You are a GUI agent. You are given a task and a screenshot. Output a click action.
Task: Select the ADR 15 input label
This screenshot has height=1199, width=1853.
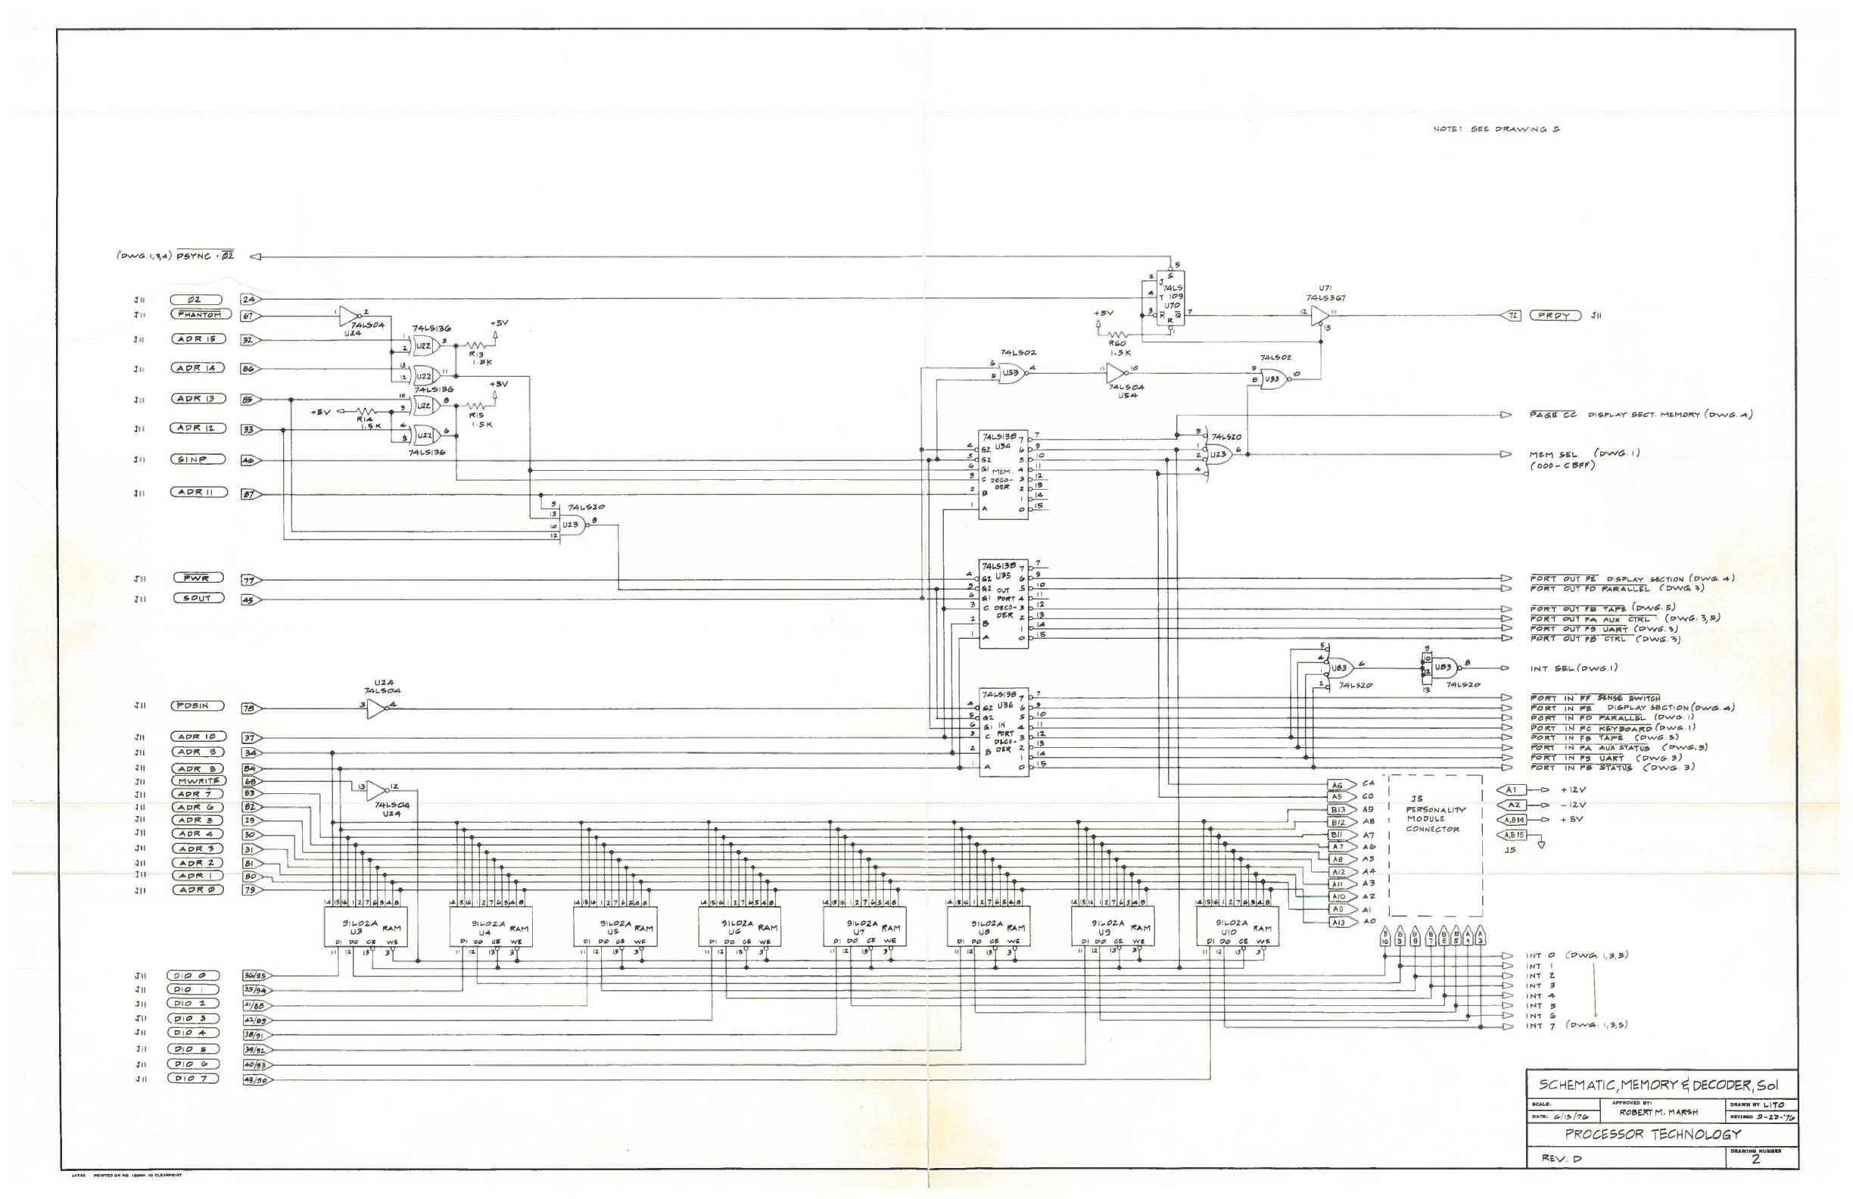[198, 339]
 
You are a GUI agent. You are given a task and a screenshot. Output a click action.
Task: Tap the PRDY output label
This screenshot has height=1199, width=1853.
[1555, 316]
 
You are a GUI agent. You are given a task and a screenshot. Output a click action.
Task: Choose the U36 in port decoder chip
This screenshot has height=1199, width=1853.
[1003, 732]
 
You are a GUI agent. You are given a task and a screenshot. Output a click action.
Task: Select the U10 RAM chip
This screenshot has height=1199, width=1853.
[1237, 926]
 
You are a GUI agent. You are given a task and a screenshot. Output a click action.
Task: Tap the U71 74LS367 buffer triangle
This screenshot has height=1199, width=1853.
[1319, 316]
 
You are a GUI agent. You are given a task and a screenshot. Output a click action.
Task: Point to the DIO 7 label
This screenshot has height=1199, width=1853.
[193, 1079]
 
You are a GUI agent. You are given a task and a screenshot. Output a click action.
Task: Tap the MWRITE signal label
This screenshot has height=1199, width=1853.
[198, 781]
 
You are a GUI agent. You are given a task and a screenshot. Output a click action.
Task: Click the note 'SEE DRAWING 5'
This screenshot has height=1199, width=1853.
[1496, 129]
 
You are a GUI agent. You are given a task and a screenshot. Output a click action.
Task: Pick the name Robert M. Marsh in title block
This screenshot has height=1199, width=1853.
[1661, 1112]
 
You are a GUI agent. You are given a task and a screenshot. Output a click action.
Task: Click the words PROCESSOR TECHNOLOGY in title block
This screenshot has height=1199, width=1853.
[1652, 1135]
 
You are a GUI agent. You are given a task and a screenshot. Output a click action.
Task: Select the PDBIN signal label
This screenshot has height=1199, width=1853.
[198, 706]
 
